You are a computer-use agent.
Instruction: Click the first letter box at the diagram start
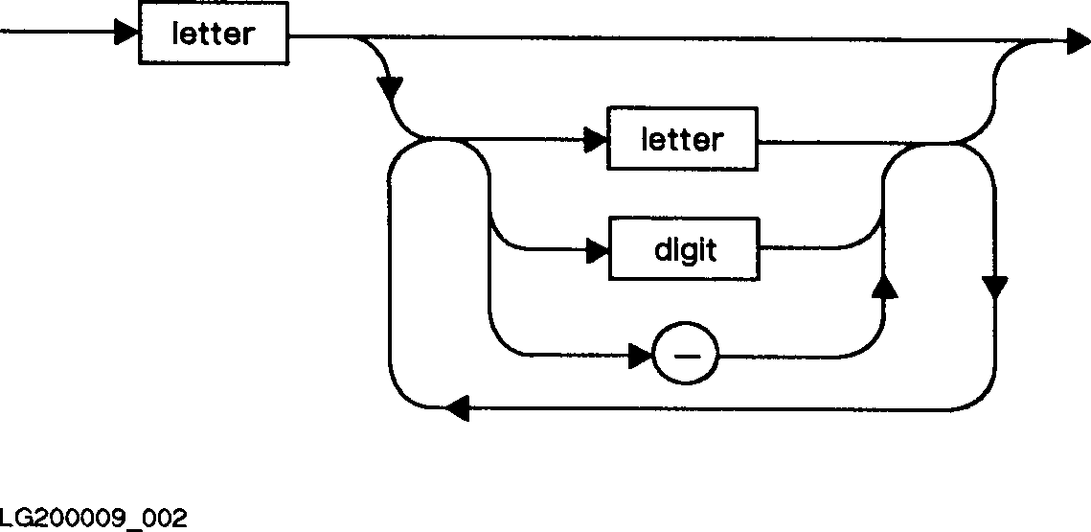tap(212, 35)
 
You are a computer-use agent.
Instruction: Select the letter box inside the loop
tap(682, 140)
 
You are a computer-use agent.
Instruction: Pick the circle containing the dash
tap(684, 357)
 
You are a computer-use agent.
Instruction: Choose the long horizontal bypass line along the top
tap(671, 39)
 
